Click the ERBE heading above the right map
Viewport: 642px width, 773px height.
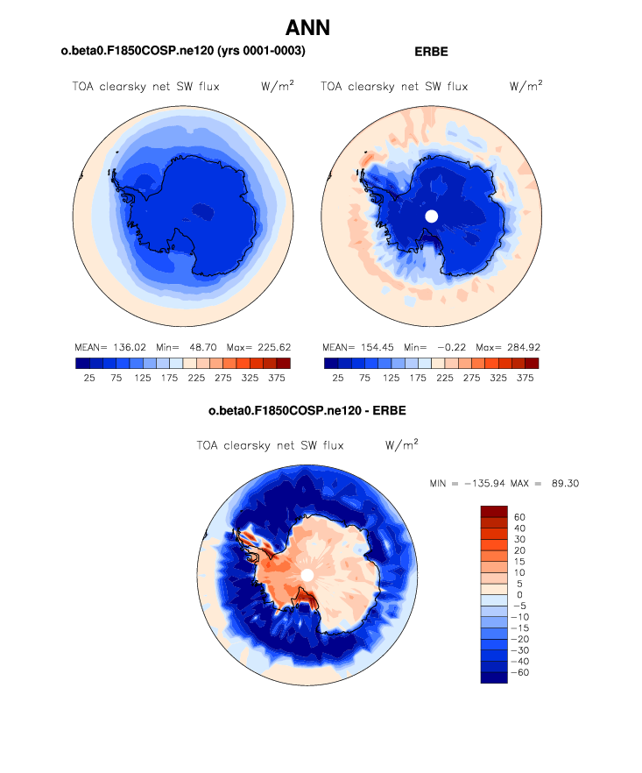pyautogui.click(x=431, y=52)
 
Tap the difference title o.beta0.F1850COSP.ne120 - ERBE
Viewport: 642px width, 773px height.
pyautogui.click(x=307, y=410)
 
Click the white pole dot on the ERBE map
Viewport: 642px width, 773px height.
pyautogui.click(x=430, y=216)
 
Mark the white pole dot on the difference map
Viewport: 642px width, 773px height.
pyautogui.click(x=307, y=574)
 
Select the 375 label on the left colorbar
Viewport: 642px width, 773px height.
pyautogui.click(x=277, y=379)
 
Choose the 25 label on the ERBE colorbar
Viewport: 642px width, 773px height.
pyautogui.click(x=335, y=379)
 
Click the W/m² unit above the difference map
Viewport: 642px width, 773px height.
pyautogui.click(x=402, y=444)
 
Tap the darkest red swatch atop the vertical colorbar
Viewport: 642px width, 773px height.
pyautogui.click(x=494, y=511)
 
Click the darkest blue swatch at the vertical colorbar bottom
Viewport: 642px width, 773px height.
pyautogui.click(x=494, y=677)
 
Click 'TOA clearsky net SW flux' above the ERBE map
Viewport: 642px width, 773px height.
pyautogui.click(x=394, y=87)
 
